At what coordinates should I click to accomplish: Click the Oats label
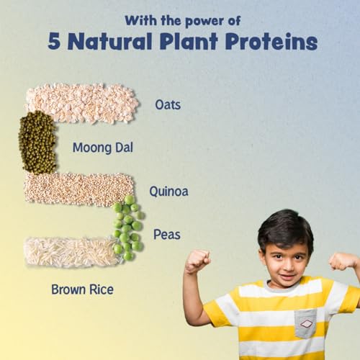pyautogui.click(x=168, y=105)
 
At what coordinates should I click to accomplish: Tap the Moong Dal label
pyautogui.click(x=103, y=148)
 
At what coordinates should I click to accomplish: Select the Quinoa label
pyautogui.click(x=168, y=192)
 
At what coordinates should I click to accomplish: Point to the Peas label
pyautogui.click(x=167, y=235)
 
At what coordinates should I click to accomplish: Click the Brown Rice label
pyautogui.click(x=82, y=289)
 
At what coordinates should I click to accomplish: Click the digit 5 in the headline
pyautogui.click(x=54, y=42)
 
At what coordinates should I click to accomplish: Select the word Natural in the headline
pyautogui.click(x=110, y=41)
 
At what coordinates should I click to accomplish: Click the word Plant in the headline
pyautogui.click(x=189, y=41)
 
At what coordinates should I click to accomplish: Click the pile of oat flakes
pyautogui.click(x=82, y=103)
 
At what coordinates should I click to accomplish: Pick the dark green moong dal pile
pyautogui.click(x=37, y=143)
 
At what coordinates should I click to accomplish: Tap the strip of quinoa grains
pyautogui.click(x=78, y=189)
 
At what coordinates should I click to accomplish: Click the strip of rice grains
pyautogui.click(x=71, y=252)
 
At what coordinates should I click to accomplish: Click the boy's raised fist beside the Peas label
pyautogui.click(x=197, y=261)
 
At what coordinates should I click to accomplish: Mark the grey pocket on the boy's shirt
pyautogui.click(x=305, y=323)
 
